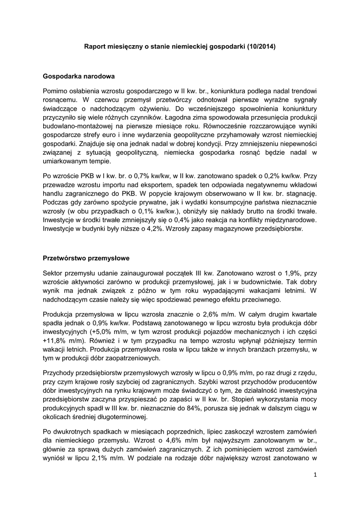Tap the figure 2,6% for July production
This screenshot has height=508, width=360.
coord(184,314)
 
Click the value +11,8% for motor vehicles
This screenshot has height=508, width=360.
coord(53,340)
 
